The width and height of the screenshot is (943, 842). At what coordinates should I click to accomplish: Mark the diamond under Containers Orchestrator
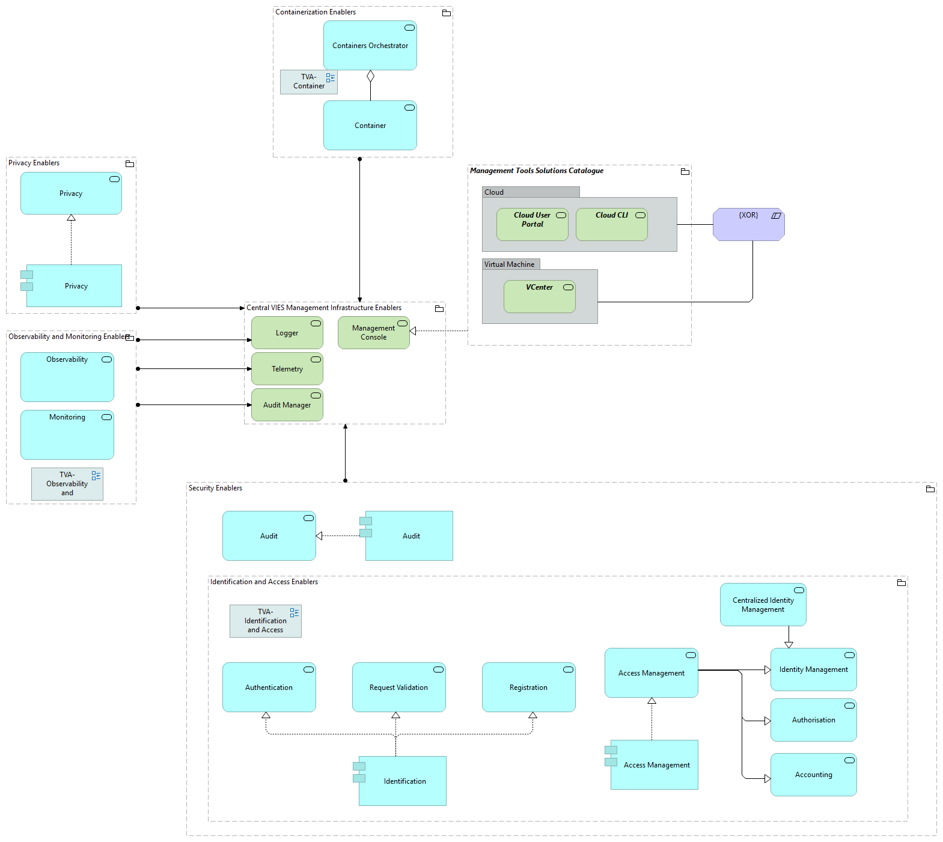(370, 76)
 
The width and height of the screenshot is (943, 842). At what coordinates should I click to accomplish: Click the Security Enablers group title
(215, 488)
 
